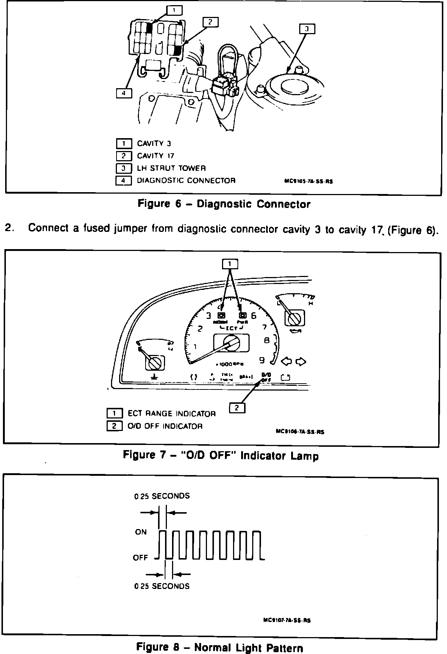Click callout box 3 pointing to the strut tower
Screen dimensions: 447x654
point(307,29)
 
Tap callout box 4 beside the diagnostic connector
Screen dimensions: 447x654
point(124,94)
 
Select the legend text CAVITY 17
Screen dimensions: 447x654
point(155,156)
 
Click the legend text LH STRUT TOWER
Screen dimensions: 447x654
point(171,168)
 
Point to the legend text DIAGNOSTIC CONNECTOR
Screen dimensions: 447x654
point(186,181)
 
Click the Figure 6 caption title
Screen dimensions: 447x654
point(224,204)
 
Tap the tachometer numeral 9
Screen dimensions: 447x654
point(262,360)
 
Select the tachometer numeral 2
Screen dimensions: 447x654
point(200,328)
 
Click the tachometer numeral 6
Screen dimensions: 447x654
point(253,316)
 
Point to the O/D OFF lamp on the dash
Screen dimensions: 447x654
point(266,377)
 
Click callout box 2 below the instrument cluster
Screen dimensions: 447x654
point(237,408)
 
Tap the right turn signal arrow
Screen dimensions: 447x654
point(301,362)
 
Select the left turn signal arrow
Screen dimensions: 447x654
point(287,362)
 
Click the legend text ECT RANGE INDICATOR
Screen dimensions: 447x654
point(171,414)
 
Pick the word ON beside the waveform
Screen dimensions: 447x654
point(141,532)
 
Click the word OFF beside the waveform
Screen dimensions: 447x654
point(140,558)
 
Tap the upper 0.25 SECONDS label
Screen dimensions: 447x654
point(162,496)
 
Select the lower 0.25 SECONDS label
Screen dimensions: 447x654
point(162,586)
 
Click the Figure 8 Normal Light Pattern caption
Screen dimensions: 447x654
point(219,647)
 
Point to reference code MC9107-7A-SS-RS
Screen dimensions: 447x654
point(287,620)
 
